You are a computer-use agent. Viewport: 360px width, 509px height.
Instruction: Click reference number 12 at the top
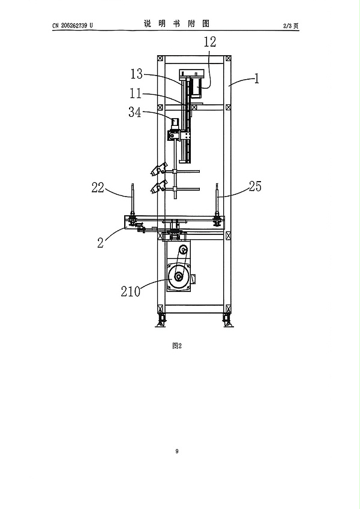(210, 42)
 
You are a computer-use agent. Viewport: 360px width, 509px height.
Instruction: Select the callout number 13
(136, 74)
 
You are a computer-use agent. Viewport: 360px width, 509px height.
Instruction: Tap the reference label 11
(136, 94)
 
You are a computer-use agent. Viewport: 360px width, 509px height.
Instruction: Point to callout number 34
(135, 112)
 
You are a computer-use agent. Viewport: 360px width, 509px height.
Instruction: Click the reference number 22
(97, 187)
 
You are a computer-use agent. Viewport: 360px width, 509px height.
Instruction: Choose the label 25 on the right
(255, 186)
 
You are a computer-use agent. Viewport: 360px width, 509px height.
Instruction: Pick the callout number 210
(131, 291)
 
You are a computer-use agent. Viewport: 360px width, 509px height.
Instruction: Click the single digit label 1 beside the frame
(257, 79)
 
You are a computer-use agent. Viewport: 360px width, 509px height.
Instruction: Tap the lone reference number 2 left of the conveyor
(101, 242)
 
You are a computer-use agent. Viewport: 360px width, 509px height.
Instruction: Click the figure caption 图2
(177, 346)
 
